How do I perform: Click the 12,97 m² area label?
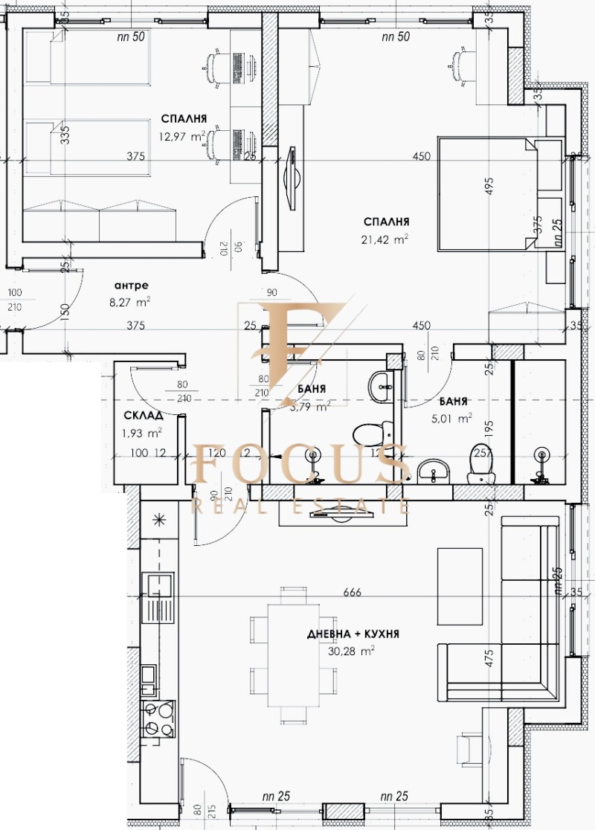(181, 136)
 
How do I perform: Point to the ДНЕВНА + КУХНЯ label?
(353, 634)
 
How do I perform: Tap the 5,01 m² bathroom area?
(451, 418)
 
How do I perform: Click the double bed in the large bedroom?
(487, 193)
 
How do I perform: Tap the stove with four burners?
(158, 718)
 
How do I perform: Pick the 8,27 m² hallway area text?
(132, 301)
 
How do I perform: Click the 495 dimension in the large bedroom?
(489, 187)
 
